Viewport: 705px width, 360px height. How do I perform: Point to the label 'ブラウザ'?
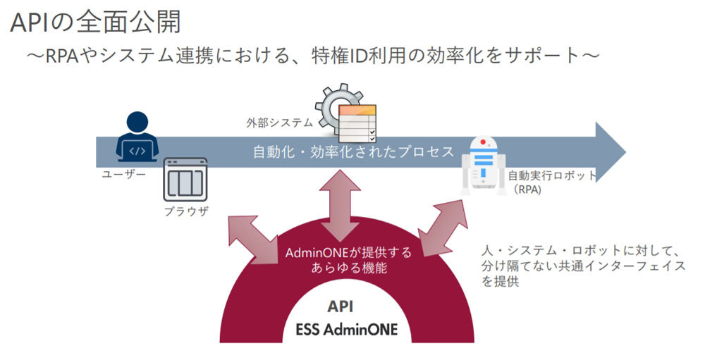point(186,211)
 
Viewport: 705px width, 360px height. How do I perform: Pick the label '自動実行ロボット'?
point(552,175)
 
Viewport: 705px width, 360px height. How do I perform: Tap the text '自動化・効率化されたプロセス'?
point(353,152)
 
